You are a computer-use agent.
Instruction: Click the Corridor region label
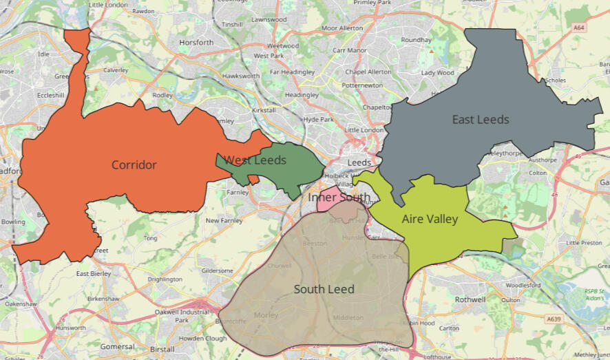[x=134, y=165]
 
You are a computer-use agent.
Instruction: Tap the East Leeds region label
[x=481, y=120]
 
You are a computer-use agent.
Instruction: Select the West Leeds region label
[x=255, y=160]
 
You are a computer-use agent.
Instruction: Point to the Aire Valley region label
[x=430, y=219]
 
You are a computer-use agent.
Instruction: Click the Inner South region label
[x=339, y=198]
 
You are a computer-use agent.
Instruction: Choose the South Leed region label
[x=324, y=289]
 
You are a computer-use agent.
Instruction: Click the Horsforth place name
[x=196, y=43]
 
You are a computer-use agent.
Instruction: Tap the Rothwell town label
[x=470, y=299]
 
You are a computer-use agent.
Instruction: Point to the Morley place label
[x=266, y=315]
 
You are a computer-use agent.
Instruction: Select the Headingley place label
[x=302, y=95]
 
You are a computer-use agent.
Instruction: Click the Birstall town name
[x=162, y=349]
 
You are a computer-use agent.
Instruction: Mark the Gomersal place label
[x=117, y=347]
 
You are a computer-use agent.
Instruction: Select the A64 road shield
[x=579, y=28]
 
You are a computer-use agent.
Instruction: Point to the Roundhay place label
[x=416, y=40]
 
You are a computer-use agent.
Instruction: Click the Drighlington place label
[x=165, y=279]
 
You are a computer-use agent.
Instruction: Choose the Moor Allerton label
[x=342, y=28]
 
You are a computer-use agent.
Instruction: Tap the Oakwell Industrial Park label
[x=182, y=316]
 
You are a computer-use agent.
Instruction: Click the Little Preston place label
[x=583, y=243]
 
